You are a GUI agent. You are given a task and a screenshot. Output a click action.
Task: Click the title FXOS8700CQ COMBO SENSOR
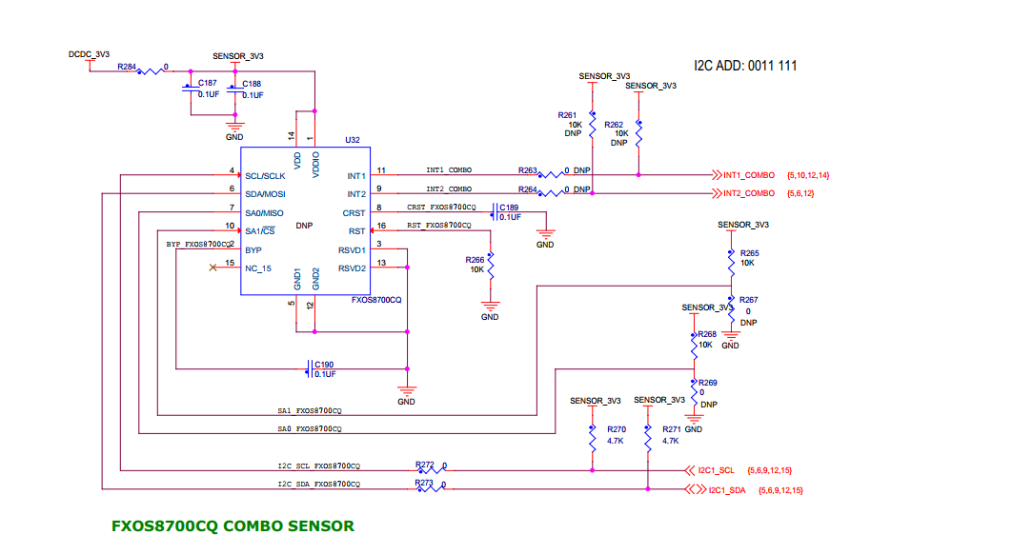233,525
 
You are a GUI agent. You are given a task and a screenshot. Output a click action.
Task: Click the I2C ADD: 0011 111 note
745,66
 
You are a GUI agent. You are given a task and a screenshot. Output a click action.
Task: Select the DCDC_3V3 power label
89,55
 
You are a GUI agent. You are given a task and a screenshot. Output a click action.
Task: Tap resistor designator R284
127,68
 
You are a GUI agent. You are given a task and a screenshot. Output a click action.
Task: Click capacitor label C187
207,84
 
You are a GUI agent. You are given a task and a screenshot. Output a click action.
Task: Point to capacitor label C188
252,84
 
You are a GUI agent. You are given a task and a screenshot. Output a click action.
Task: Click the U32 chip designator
353,139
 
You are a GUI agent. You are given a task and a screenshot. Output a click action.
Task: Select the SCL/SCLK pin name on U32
265,176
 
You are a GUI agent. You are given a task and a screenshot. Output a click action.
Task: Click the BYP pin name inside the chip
253,249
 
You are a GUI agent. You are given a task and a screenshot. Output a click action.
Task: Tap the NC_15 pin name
258,268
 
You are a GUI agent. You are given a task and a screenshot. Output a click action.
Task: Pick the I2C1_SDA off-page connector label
727,490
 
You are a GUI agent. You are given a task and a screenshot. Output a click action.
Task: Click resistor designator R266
475,259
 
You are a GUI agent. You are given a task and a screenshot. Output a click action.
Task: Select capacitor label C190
324,365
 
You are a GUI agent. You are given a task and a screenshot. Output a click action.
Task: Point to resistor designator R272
425,465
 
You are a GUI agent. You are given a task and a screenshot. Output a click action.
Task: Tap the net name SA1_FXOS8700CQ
310,411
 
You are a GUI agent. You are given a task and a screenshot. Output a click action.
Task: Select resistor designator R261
568,114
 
